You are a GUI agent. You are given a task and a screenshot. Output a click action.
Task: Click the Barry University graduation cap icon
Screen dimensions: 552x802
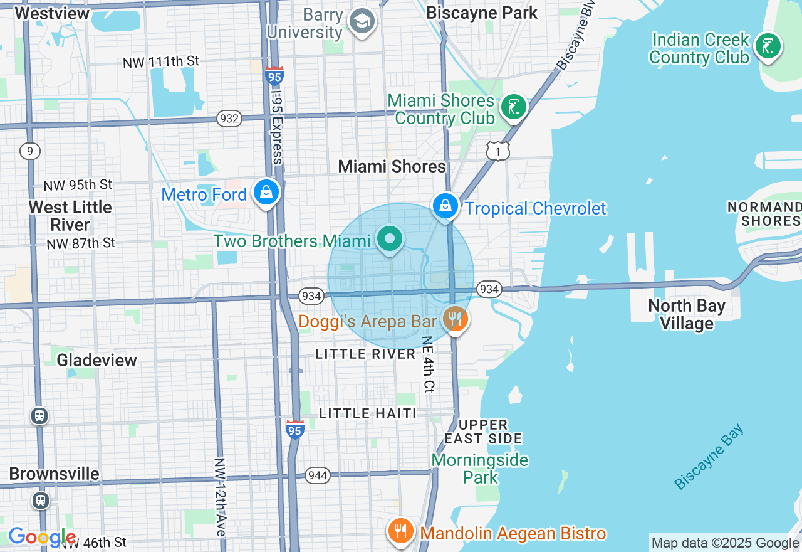pyautogui.click(x=362, y=23)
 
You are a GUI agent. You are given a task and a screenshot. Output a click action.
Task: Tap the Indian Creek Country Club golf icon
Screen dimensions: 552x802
pyautogui.click(x=768, y=46)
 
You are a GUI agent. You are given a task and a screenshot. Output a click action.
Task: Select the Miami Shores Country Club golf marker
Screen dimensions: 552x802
pyautogui.click(x=513, y=107)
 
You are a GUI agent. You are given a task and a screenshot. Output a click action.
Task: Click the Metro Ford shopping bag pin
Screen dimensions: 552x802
pyautogui.click(x=266, y=192)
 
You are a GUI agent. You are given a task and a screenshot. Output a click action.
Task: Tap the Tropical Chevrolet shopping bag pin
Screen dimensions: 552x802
pyautogui.click(x=445, y=205)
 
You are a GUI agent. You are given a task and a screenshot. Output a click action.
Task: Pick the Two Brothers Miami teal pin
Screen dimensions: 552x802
pyautogui.click(x=390, y=239)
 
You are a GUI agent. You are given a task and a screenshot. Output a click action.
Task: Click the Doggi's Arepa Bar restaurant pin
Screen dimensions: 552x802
pyautogui.click(x=455, y=319)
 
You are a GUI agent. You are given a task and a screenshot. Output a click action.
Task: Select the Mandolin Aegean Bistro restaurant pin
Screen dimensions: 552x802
pyautogui.click(x=400, y=532)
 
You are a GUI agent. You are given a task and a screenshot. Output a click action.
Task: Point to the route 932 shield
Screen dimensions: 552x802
pyautogui.click(x=229, y=118)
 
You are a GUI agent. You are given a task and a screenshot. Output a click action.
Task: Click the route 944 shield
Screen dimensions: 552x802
pyautogui.click(x=318, y=475)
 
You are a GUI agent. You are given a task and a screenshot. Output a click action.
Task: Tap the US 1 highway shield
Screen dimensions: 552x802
pyautogui.click(x=498, y=151)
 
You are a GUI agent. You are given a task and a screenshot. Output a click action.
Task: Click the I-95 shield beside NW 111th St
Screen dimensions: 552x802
pyautogui.click(x=274, y=76)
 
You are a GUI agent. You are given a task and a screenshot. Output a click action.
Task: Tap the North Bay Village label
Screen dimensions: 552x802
pyautogui.click(x=687, y=314)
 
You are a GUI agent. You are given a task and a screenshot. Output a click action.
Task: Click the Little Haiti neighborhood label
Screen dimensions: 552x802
pyautogui.click(x=368, y=413)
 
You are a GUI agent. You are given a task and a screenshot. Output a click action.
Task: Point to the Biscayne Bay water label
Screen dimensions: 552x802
pyautogui.click(x=709, y=457)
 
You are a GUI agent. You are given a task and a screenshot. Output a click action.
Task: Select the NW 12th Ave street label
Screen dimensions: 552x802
pyautogui.click(x=219, y=496)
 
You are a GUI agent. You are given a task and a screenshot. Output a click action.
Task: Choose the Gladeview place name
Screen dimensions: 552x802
pyautogui.click(x=96, y=360)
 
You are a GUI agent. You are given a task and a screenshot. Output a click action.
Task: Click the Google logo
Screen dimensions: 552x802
pyautogui.click(x=42, y=538)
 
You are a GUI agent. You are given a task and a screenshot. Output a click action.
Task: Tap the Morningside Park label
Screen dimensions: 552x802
pyautogui.click(x=480, y=468)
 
